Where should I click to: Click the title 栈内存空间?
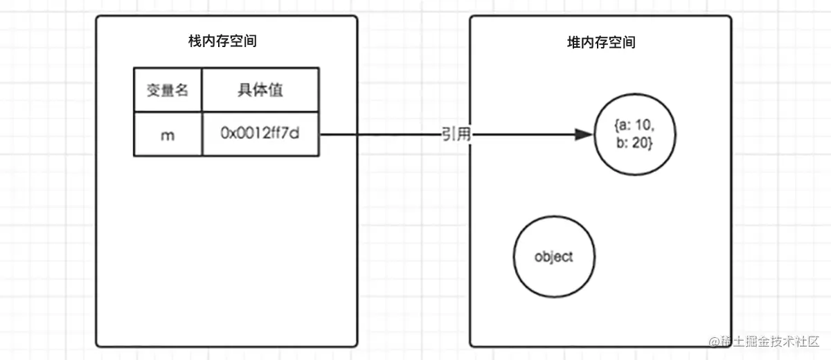coord(222,42)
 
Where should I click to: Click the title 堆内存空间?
coord(600,42)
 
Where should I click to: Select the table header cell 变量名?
coord(167,90)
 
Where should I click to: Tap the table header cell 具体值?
coord(260,90)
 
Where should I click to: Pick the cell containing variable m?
coord(167,134)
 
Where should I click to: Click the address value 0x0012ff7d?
coord(260,134)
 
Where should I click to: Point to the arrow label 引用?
coord(456,135)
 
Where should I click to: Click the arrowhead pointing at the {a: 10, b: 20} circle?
coord(586,135)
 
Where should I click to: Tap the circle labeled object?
coord(554,257)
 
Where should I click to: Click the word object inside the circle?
coord(554,257)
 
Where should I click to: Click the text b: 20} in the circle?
coord(635,144)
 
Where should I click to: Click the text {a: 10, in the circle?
coord(635,127)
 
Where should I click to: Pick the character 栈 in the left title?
coord(195,42)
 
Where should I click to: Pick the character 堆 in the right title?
coord(573,42)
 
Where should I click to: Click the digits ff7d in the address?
coord(285,134)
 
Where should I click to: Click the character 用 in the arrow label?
coord(464,135)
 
